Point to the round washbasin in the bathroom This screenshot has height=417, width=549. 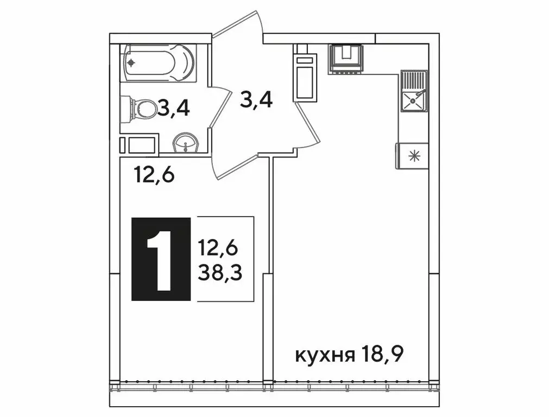(x=186, y=144)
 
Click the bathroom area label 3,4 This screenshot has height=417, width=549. (x=173, y=108)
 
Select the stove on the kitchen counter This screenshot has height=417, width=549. (x=345, y=59)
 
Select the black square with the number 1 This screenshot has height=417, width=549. (x=161, y=259)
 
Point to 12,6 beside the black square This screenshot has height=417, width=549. (x=218, y=249)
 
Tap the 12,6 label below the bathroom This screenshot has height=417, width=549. (x=154, y=175)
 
